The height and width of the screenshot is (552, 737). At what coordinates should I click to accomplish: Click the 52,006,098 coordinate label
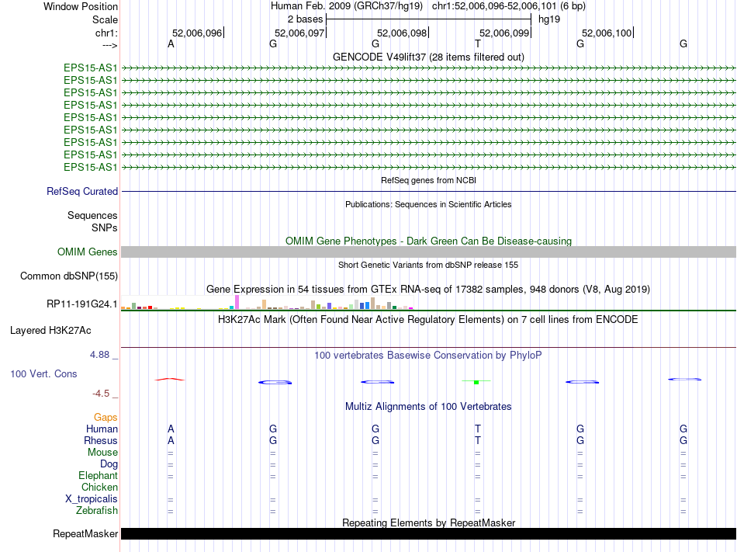click(x=401, y=33)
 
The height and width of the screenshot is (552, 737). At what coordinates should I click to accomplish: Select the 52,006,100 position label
click(x=607, y=33)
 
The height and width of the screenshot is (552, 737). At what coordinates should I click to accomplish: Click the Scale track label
click(x=105, y=19)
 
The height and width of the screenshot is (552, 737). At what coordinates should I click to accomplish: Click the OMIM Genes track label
click(x=88, y=252)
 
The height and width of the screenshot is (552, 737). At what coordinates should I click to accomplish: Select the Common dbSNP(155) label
click(x=68, y=276)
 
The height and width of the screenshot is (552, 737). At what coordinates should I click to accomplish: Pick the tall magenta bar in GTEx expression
click(x=237, y=302)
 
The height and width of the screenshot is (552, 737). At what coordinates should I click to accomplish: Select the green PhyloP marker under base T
click(x=477, y=381)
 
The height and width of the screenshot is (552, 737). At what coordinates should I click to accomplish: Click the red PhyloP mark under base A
click(x=171, y=379)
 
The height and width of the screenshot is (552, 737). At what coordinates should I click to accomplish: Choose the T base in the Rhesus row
click(x=478, y=440)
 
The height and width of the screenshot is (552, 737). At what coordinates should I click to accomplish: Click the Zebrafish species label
click(x=97, y=510)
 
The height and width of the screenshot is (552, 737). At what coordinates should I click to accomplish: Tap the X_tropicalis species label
click(x=92, y=498)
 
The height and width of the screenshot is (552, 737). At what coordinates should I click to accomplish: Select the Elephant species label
click(x=98, y=475)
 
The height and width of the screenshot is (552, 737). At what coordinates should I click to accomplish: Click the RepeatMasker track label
click(x=85, y=533)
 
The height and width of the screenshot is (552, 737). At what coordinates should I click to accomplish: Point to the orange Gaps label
click(x=106, y=417)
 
